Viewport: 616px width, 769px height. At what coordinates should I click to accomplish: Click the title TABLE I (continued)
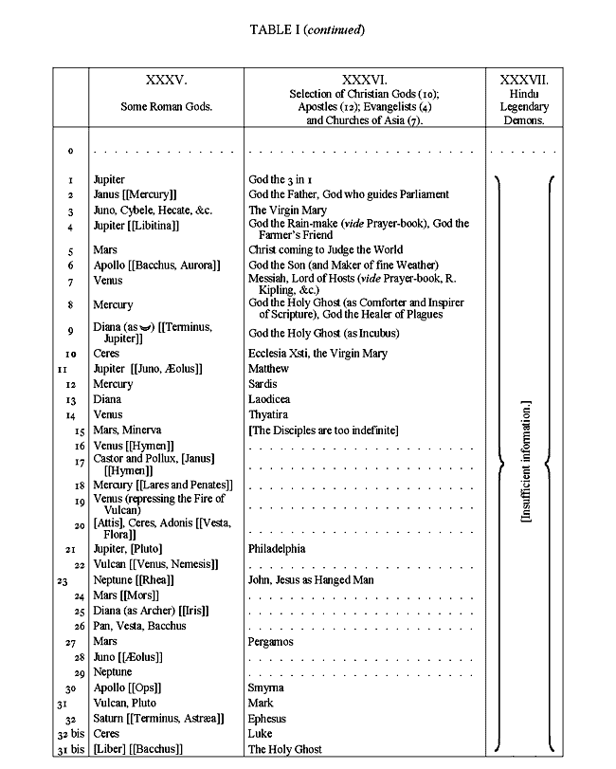coord(307,29)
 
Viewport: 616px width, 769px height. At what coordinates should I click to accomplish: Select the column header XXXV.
coord(166,82)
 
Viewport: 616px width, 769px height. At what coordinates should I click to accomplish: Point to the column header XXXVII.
coord(523,82)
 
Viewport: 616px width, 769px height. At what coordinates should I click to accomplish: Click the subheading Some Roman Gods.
coord(166,107)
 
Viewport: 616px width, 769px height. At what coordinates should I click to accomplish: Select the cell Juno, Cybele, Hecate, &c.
coord(144,211)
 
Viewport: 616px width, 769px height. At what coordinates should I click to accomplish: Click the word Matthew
coord(269,369)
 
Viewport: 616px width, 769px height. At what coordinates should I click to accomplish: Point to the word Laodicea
coord(269,399)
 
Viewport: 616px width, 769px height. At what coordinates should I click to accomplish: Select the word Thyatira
coord(270,414)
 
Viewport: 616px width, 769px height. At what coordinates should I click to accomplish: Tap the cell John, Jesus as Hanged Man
coord(312,579)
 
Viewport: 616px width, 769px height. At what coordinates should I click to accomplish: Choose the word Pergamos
coord(271,642)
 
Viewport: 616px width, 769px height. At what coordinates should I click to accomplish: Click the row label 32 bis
coord(68,734)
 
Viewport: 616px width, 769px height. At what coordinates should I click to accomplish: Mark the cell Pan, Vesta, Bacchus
coord(139,626)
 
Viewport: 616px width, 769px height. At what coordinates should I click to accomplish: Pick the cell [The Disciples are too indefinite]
coord(323,430)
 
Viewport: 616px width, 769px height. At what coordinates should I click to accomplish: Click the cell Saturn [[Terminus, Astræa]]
coord(158,719)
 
